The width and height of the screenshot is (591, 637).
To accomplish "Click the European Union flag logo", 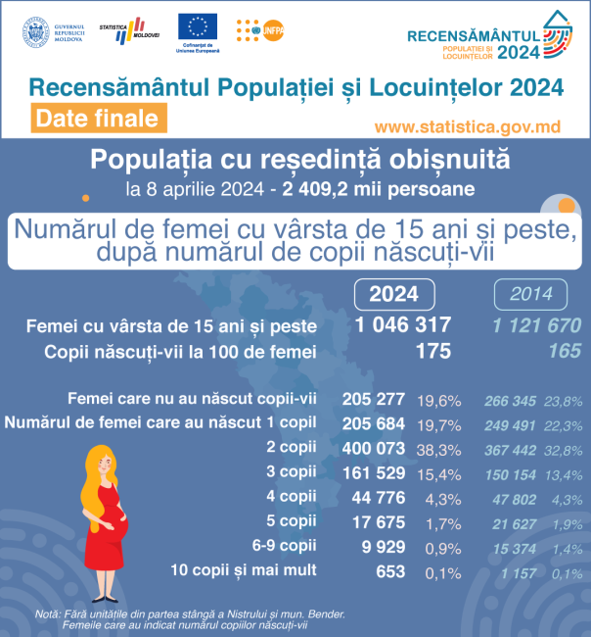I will click(198, 26).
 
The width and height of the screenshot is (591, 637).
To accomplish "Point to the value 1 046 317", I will click(399, 325).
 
